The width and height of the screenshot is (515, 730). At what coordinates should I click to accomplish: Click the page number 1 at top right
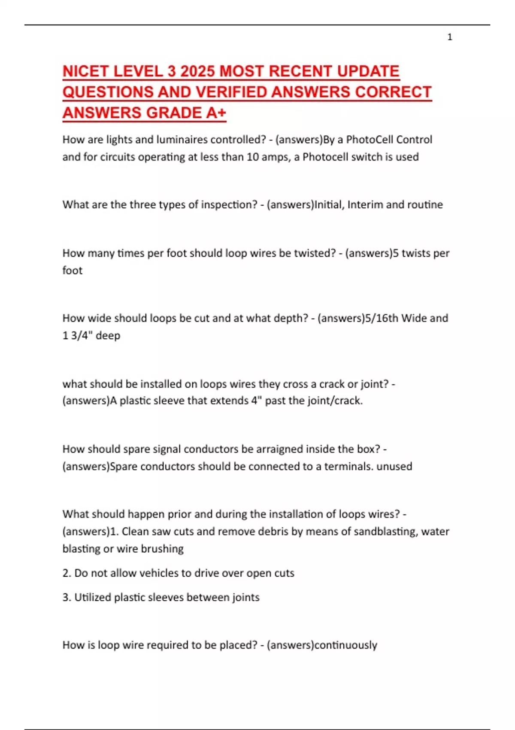[x=450, y=37]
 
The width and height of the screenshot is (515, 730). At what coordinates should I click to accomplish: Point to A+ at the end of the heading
[x=216, y=113]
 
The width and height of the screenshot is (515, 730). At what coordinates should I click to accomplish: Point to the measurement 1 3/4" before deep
[x=77, y=335]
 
